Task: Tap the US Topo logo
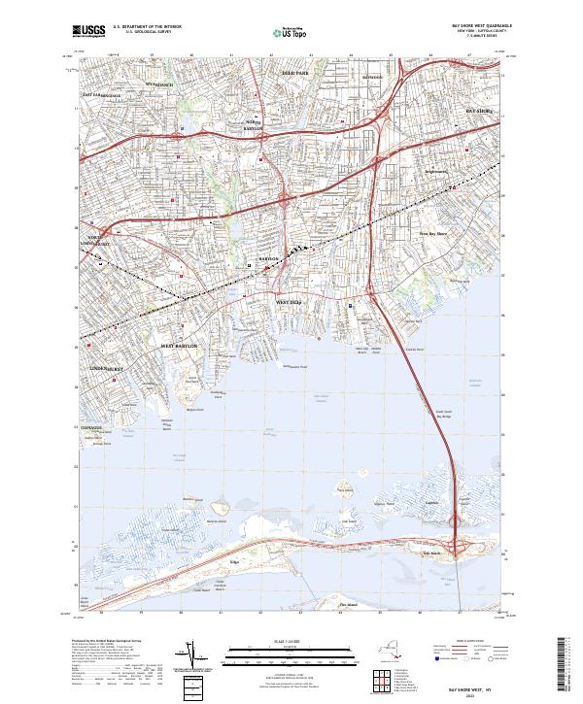tap(289, 33)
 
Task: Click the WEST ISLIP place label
tap(290, 302)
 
